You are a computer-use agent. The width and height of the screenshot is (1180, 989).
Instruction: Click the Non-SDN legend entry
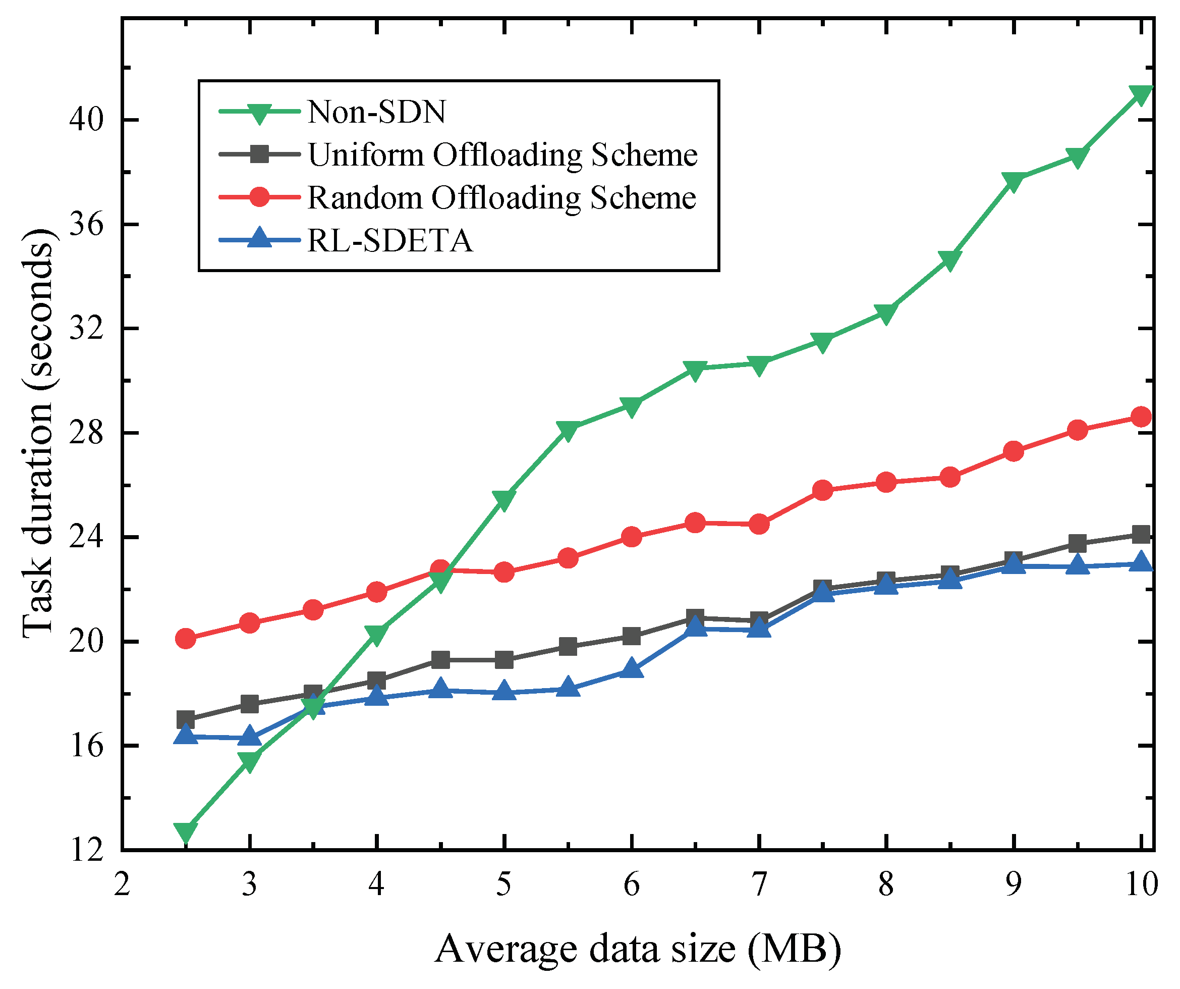pyautogui.click(x=376, y=112)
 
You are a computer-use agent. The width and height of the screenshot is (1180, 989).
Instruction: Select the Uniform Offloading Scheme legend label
pyautogui.click(x=502, y=154)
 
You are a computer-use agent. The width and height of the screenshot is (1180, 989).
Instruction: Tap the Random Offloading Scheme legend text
pyautogui.click(x=501, y=198)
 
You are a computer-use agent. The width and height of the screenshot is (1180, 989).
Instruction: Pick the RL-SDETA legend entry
pyautogui.click(x=389, y=241)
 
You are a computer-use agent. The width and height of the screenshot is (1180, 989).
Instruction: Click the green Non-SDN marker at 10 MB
pyautogui.click(x=1141, y=94)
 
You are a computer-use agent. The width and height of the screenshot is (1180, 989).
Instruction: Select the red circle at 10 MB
pyautogui.click(x=1141, y=417)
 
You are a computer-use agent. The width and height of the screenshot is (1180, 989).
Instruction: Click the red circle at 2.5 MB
pyautogui.click(x=186, y=639)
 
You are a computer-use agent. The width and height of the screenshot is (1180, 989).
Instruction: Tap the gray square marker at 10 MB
pyautogui.click(x=1141, y=534)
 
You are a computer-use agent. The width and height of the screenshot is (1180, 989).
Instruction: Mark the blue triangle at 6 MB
pyautogui.click(x=632, y=668)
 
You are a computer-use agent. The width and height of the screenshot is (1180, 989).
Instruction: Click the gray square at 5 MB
pyautogui.click(x=504, y=659)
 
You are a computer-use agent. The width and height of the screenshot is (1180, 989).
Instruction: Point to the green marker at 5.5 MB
pyautogui.click(x=568, y=430)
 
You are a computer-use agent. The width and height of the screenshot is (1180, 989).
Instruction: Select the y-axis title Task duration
pyautogui.click(x=38, y=433)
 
